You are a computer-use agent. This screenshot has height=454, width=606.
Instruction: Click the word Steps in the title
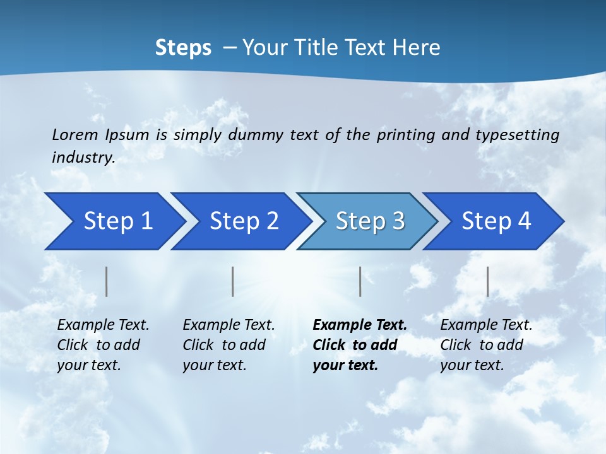[x=183, y=47]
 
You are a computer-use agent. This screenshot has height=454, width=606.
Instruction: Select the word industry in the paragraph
[x=83, y=158]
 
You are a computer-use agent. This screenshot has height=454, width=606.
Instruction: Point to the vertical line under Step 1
[x=107, y=281]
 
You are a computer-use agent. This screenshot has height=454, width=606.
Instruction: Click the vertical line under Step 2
[x=233, y=281]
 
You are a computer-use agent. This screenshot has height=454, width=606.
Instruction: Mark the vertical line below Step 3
[x=360, y=281]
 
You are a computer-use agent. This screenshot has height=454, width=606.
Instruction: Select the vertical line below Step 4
[x=488, y=281]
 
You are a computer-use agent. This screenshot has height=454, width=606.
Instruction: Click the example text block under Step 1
[x=103, y=345]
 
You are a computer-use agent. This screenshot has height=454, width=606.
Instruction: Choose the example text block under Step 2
[x=229, y=345]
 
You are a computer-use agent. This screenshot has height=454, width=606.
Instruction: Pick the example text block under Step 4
[x=486, y=345]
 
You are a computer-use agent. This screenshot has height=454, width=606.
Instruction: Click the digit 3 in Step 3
[x=398, y=221]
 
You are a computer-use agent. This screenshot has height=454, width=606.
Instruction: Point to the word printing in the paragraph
[x=405, y=134]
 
